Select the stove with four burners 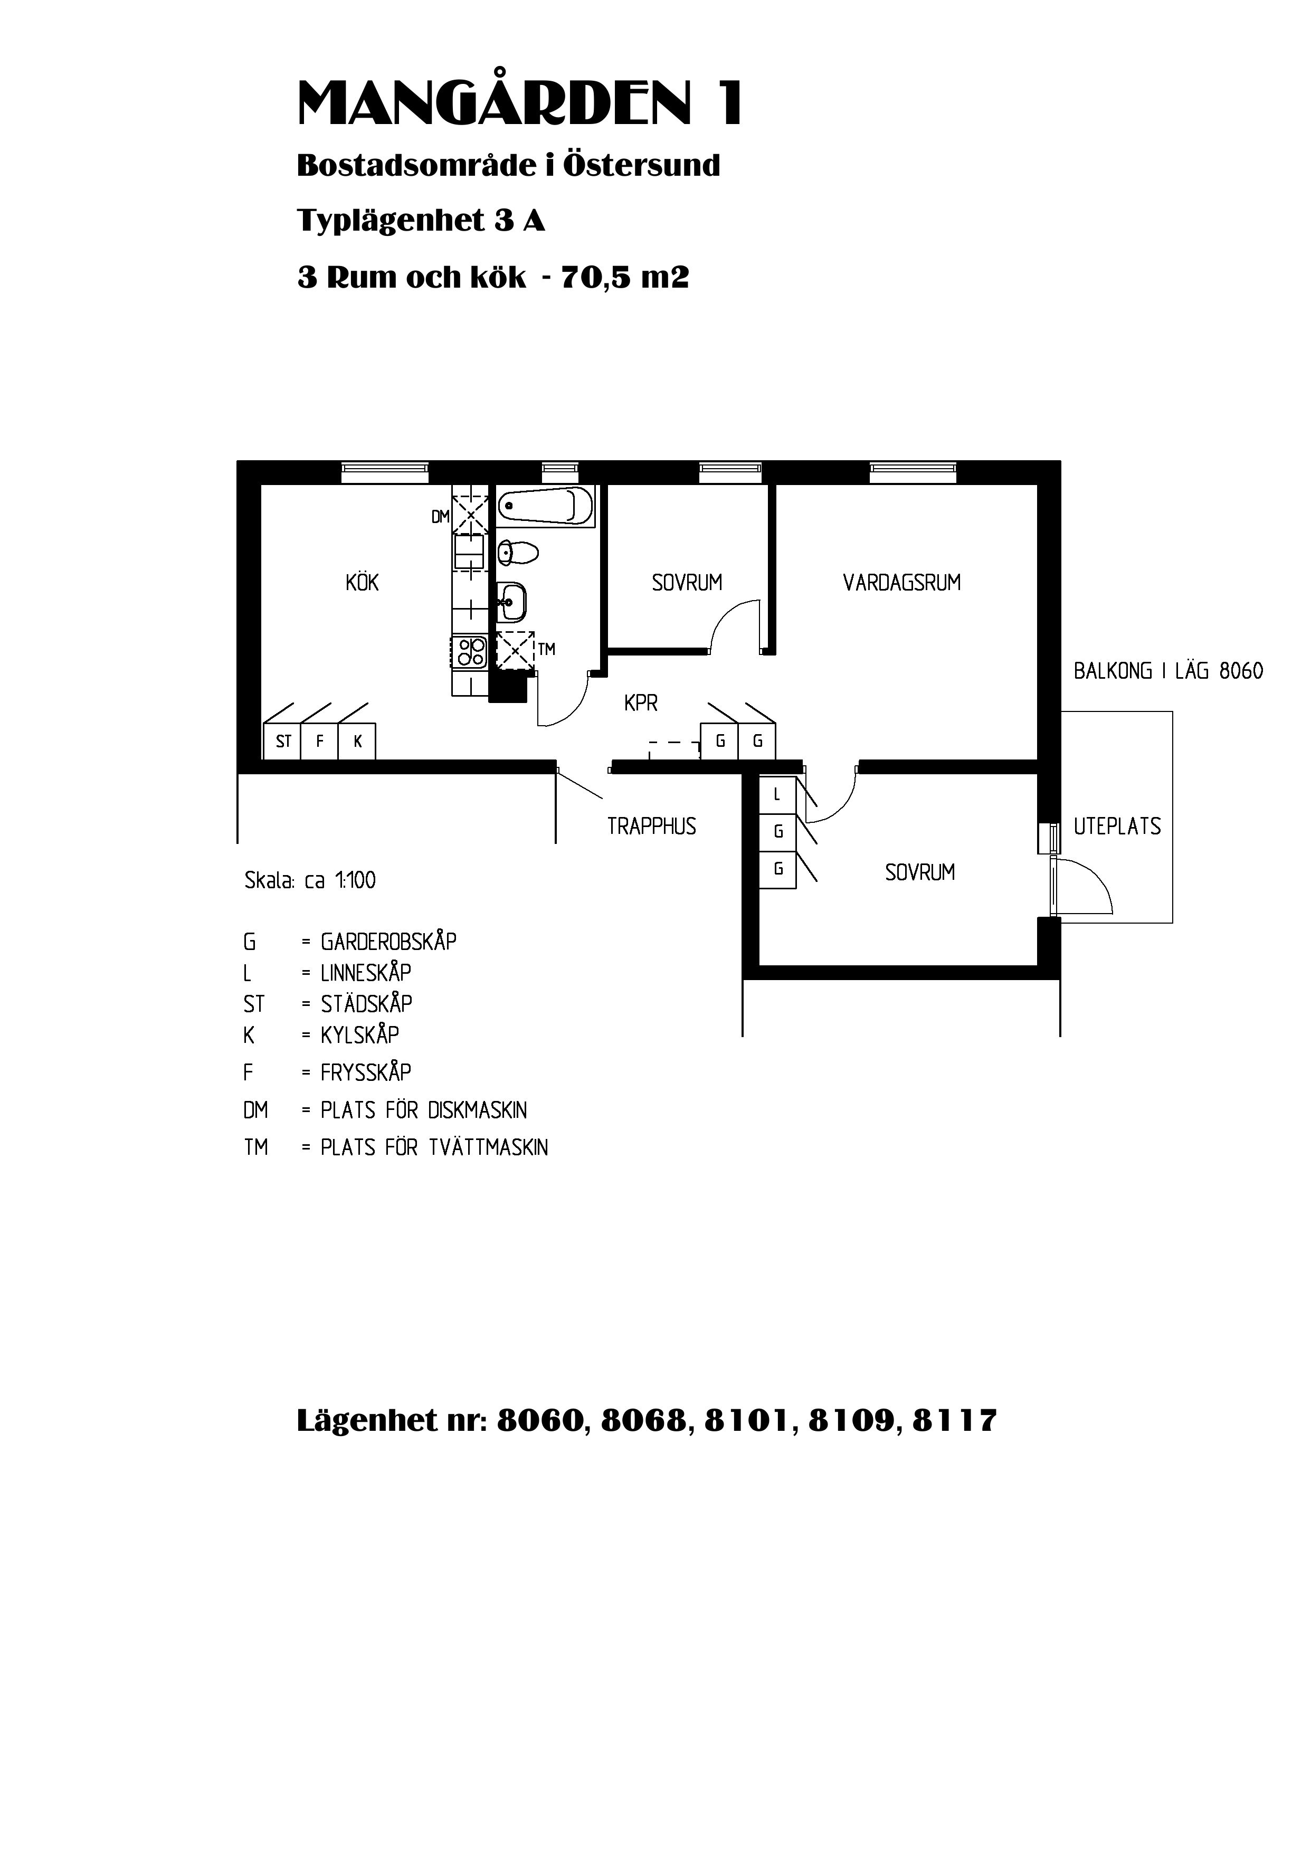470,652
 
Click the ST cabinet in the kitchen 282,741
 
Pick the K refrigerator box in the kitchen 357,741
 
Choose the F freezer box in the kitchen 320,741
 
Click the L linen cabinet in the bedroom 777,794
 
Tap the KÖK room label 362,583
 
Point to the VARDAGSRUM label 902,583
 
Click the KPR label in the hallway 641,703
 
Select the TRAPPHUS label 651,826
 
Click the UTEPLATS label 1117,826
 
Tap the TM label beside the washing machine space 547,649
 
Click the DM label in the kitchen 440,517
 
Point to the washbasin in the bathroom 512,601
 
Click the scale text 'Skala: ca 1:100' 310,880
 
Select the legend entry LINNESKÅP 366,972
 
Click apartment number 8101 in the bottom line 747,1420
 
